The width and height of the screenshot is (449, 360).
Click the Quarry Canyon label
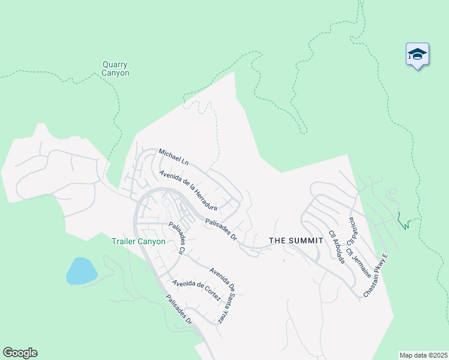(115, 69)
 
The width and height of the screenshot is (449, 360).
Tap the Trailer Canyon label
(138, 242)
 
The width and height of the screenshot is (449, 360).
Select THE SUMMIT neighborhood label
(296, 240)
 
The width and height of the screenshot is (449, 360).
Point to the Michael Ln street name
(173, 158)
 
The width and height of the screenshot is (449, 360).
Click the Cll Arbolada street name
(336, 246)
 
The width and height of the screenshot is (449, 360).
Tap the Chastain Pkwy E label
(376, 275)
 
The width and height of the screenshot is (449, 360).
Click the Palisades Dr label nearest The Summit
(220, 230)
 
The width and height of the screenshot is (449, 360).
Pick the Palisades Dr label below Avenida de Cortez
(179, 310)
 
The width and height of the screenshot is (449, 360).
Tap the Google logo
(20, 353)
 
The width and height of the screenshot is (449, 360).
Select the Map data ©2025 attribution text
(423, 355)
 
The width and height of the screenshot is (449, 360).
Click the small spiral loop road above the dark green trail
(393, 194)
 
